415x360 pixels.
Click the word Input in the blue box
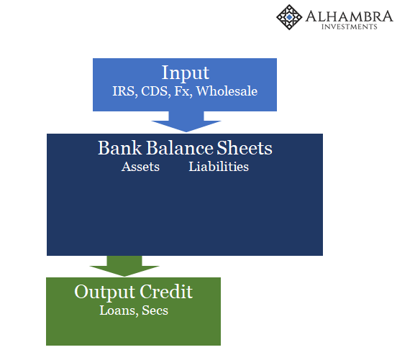tap(186, 73)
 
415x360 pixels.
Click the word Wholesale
tap(227, 91)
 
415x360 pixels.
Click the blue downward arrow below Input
tap(186, 121)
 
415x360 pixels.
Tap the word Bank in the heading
tap(120, 147)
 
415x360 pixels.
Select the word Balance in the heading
tap(180, 147)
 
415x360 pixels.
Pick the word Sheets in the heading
tap(245, 147)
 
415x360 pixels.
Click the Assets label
tap(140, 167)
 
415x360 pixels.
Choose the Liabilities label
tap(219, 167)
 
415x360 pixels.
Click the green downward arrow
tap(124, 266)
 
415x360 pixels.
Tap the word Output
tap(105, 292)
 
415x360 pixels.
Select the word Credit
tap(166, 292)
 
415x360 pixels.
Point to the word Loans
tap(119, 310)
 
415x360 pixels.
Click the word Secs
tap(155, 310)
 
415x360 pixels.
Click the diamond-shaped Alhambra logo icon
tap(289, 17)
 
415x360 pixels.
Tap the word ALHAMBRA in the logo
tap(349, 17)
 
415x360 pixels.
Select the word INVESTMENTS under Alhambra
tap(349, 27)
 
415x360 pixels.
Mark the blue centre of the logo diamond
tap(289, 17)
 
